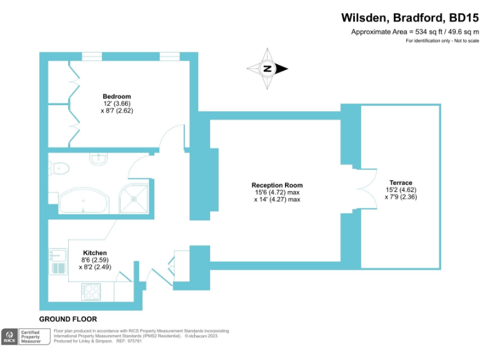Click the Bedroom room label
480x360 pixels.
pyautogui.click(x=117, y=96)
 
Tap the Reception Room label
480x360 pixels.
pyautogui.click(x=277, y=185)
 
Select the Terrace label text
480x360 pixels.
pyautogui.click(x=400, y=182)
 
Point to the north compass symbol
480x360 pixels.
pyautogui.click(x=267, y=69)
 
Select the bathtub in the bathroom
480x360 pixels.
pyautogui.click(x=83, y=201)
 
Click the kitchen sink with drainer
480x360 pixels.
pyautogui.click(x=58, y=262)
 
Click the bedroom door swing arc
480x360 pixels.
pyautogui.click(x=174, y=137)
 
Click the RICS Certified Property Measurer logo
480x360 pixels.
pyautogui.click(x=25, y=337)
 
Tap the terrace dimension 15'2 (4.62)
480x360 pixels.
pyautogui.click(x=401, y=190)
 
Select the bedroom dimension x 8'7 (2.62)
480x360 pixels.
pyautogui.click(x=117, y=110)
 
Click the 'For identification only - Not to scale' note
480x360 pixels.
pyautogui.click(x=441, y=41)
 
